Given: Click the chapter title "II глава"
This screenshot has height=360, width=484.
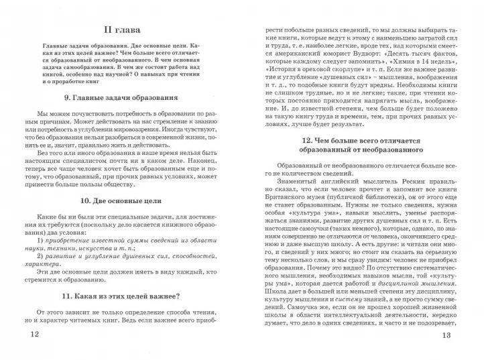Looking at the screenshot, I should coord(122,29).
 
